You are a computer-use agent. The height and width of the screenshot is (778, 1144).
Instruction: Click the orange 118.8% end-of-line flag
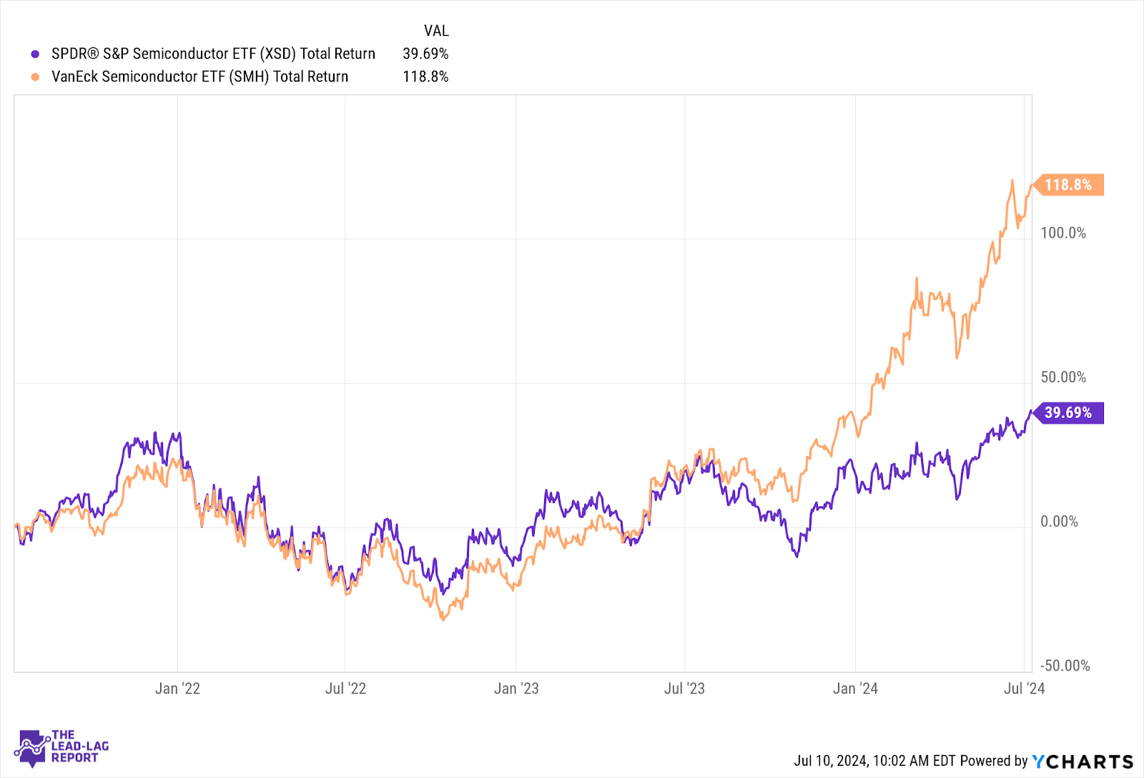pyautogui.click(x=1068, y=185)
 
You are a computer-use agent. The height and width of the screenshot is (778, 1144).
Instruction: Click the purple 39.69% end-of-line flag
pyautogui.click(x=1068, y=413)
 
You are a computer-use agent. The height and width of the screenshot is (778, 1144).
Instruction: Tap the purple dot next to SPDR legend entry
pyautogui.click(x=35, y=54)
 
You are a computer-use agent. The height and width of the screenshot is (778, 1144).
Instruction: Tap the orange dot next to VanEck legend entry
pyautogui.click(x=35, y=77)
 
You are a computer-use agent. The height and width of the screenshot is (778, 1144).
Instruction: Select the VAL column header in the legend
pyautogui.click(x=436, y=31)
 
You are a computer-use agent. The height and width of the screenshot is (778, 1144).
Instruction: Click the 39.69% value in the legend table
pyautogui.click(x=425, y=54)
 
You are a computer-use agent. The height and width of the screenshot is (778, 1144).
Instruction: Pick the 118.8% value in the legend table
pyautogui.click(x=425, y=77)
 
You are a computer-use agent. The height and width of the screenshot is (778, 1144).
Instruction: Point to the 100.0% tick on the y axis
pyautogui.click(x=1062, y=233)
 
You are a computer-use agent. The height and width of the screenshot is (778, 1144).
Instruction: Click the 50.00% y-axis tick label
pyautogui.click(x=1062, y=377)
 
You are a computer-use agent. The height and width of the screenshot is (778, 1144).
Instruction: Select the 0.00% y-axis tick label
pyautogui.click(x=1059, y=522)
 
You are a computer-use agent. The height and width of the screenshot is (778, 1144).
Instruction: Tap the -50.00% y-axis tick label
pyautogui.click(x=1065, y=666)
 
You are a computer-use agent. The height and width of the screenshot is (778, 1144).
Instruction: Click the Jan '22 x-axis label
pyautogui.click(x=177, y=689)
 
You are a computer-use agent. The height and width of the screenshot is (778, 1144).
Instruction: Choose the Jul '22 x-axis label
pyautogui.click(x=345, y=689)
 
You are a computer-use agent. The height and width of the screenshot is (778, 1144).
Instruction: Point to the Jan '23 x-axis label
pyautogui.click(x=516, y=689)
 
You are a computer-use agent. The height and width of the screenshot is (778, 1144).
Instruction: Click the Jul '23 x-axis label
pyautogui.click(x=684, y=689)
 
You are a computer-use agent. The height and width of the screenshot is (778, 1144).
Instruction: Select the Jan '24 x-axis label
pyautogui.click(x=855, y=689)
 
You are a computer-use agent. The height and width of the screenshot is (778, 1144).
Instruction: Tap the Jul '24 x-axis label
pyautogui.click(x=1024, y=689)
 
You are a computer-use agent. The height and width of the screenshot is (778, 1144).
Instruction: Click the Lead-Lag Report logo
pyautogui.click(x=61, y=747)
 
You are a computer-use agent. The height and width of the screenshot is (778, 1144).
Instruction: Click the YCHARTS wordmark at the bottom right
pyautogui.click(x=1083, y=762)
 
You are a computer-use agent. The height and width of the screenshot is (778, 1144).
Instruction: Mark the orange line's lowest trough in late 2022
pyautogui.click(x=443, y=619)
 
